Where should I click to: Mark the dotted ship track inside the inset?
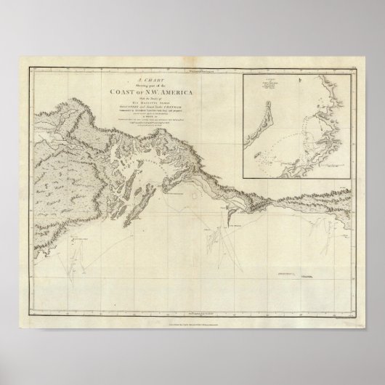[x=291, y=138]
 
